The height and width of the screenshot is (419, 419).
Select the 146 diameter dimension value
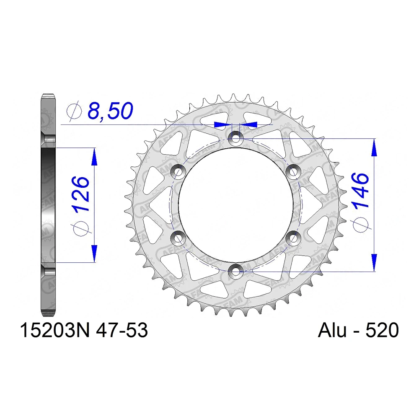pos(360,191)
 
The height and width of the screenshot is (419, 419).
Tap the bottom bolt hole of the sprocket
pos(235,272)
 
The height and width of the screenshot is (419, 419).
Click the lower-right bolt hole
pos(292,238)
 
